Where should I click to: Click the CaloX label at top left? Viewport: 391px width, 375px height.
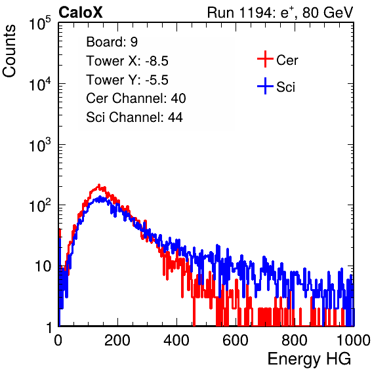click(80, 12)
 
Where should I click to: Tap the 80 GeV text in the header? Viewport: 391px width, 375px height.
click(328, 12)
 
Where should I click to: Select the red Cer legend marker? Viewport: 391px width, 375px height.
click(265, 59)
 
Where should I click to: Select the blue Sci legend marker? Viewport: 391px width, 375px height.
click(265, 86)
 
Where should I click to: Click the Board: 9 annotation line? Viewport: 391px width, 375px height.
click(112, 42)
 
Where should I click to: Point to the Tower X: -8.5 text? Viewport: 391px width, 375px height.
click(127, 61)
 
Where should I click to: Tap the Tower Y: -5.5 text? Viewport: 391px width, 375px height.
click(127, 80)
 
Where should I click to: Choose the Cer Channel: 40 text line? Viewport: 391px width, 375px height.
click(136, 98)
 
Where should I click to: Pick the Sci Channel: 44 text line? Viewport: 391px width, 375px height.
click(134, 117)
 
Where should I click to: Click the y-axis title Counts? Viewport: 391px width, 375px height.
click(9, 51)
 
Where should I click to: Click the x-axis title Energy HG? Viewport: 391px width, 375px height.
click(309, 359)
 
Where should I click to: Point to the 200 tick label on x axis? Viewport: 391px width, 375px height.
click(117, 340)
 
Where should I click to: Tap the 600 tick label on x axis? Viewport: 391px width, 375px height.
click(236, 340)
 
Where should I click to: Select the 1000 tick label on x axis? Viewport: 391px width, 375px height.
click(354, 340)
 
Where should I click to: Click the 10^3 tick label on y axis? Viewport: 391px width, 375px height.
click(40, 145)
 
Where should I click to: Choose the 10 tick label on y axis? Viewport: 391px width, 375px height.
click(43, 267)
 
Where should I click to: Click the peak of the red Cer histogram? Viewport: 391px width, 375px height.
click(99, 185)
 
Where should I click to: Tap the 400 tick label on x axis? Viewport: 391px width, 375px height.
click(176, 340)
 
